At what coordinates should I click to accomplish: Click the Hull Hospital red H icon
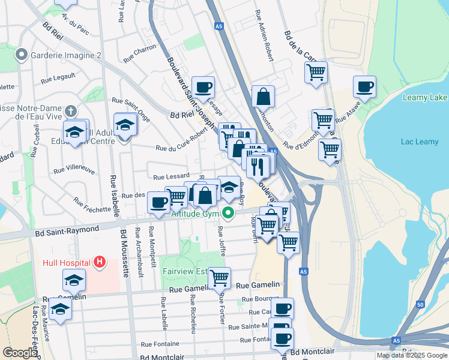pos(100,263)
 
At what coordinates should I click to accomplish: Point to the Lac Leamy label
pos(416,142)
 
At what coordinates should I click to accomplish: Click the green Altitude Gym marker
pos(228,213)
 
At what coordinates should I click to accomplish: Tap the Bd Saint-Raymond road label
pos(67,230)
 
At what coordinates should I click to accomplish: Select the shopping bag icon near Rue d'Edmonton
pos(263,96)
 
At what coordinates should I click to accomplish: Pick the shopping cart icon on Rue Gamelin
pos(220,277)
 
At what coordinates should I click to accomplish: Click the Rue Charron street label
pos(140,56)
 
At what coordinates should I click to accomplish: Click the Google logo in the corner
pos(20,353)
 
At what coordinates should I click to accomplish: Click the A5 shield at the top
pos(220,26)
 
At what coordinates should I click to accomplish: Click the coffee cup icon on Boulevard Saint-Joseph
pos(203,87)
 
